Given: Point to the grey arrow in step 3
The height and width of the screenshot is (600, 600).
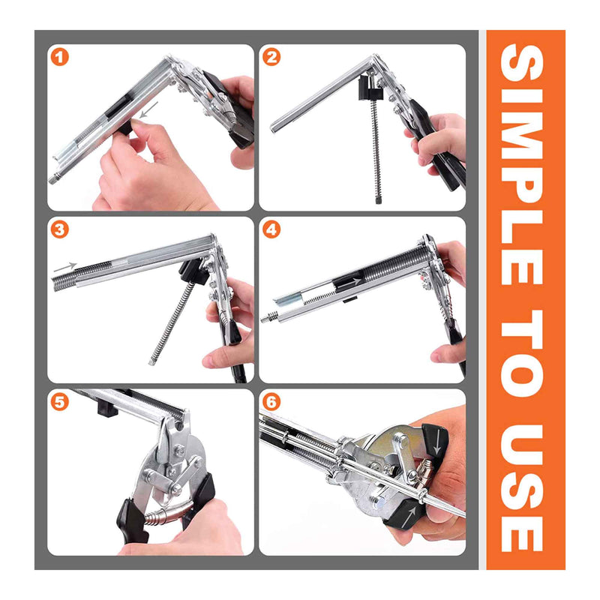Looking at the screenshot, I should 64,267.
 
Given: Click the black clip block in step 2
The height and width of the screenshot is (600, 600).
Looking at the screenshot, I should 368,89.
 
